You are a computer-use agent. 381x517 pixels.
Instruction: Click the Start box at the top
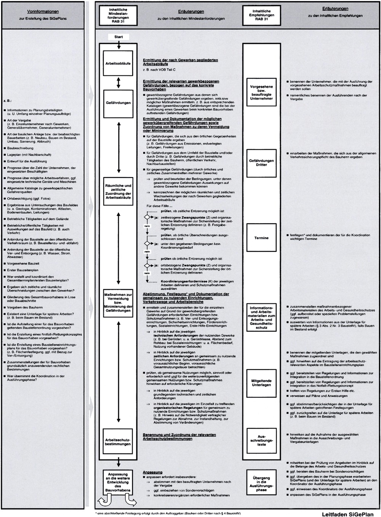(118, 37)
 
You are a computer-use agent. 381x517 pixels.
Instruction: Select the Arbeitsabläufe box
(118, 63)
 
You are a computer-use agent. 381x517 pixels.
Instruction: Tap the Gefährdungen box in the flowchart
(118, 103)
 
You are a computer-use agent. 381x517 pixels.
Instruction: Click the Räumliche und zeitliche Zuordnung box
(118, 192)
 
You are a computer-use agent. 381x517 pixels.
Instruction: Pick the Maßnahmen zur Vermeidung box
(118, 303)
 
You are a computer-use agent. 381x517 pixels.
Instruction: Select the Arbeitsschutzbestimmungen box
(118, 442)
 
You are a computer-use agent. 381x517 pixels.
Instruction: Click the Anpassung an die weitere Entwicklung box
(118, 482)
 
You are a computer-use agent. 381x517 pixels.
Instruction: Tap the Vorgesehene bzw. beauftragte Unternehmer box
(261, 93)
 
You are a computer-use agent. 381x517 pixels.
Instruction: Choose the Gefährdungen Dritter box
(261, 163)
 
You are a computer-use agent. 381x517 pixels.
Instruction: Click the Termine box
(261, 238)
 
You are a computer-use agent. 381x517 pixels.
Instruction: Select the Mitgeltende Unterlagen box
(261, 383)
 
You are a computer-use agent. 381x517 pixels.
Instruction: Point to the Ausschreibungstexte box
(261, 440)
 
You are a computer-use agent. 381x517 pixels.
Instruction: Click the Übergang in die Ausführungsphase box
(261, 484)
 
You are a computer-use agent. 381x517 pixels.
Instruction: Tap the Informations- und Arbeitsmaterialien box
(261, 318)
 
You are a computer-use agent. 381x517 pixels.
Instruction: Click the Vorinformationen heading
(43, 11)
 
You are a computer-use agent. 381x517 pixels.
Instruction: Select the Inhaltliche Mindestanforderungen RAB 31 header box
(118, 16)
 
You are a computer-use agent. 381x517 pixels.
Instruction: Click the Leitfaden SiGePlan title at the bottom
(347, 514)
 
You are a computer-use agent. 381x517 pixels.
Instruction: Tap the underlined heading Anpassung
(152, 472)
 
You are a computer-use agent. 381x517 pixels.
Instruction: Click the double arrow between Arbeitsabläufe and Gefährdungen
(118, 83)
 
